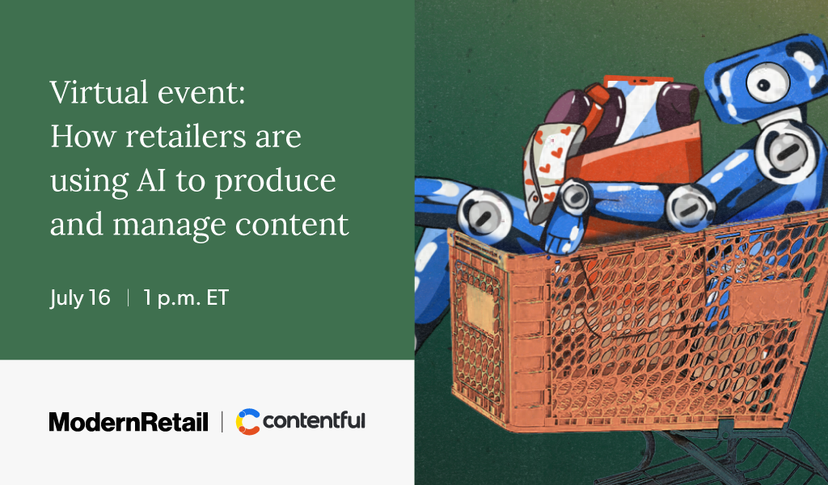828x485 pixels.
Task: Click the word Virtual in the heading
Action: click(x=91, y=94)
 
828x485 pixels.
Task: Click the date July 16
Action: click(x=79, y=297)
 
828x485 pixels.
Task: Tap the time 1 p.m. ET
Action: click(x=186, y=297)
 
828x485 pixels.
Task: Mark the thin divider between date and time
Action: click(x=127, y=297)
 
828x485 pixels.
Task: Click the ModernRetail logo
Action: click(x=129, y=421)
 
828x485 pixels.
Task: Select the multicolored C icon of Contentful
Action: click(x=247, y=421)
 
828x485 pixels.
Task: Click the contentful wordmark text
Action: click(x=314, y=420)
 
